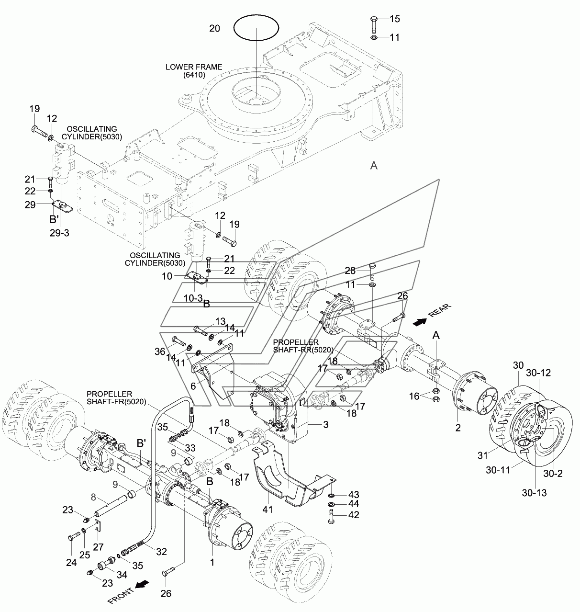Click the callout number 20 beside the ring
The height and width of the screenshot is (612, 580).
[215, 29]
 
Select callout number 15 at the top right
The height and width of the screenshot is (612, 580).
[394, 19]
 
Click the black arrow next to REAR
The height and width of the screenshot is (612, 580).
[419, 322]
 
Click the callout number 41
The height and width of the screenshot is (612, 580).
[268, 510]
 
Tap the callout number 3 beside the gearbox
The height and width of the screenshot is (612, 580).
[326, 425]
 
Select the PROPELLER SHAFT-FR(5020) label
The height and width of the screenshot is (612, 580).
[116, 398]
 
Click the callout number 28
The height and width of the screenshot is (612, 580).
[350, 271]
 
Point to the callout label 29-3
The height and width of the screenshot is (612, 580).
[59, 233]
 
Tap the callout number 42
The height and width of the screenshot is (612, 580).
[354, 515]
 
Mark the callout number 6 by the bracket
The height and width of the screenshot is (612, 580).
[193, 386]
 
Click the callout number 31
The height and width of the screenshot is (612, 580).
[482, 456]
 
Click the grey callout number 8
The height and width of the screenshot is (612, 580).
[93, 498]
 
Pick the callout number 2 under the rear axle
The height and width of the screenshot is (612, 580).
[457, 428]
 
